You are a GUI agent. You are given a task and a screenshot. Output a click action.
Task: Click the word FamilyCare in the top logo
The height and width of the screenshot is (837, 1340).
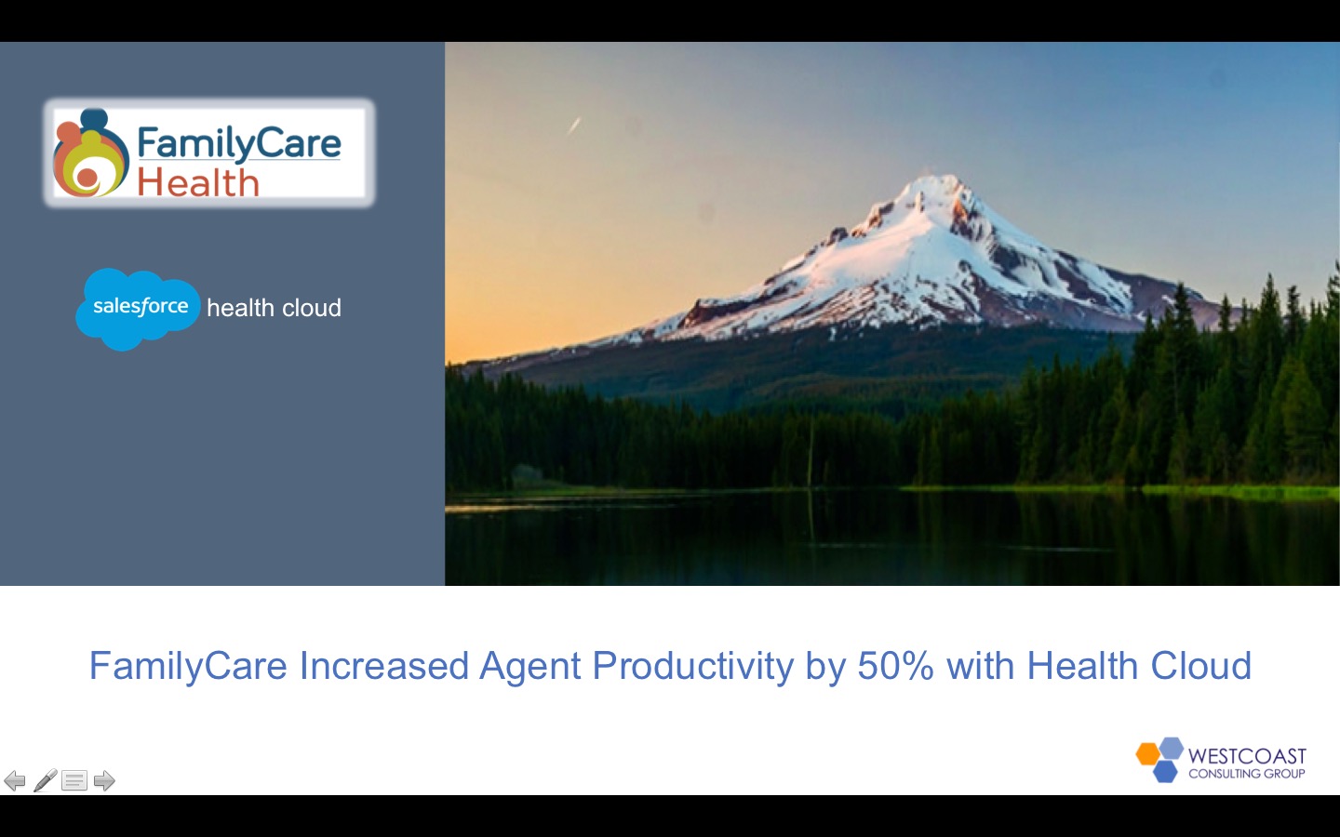pos(238,143)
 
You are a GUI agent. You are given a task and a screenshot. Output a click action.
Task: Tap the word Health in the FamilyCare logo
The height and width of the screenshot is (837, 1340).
pos(197,182)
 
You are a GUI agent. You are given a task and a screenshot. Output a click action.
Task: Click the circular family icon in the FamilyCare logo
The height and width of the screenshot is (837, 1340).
pos(89,155)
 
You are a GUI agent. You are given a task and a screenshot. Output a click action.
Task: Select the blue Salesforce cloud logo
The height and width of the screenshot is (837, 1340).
pos(139,308)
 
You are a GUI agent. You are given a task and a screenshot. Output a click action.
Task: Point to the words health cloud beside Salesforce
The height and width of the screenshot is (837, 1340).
pos(274,308)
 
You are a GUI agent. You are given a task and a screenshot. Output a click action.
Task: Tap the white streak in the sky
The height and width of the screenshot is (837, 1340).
pos(574,125)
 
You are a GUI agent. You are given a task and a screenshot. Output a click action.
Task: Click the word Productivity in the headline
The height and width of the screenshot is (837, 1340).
pos(692,666)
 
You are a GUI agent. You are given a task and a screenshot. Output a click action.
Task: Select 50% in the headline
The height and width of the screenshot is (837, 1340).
pos(895,666)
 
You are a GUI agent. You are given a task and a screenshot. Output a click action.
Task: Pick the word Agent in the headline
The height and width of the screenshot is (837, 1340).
pos(529,666)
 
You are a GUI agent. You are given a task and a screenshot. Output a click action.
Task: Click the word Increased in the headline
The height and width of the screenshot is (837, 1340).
pos(383,666)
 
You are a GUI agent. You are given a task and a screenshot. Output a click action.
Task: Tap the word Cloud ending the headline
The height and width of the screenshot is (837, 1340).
pos(1200,666)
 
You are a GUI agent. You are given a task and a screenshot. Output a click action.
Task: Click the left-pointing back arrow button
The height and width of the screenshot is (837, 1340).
pos(15,780)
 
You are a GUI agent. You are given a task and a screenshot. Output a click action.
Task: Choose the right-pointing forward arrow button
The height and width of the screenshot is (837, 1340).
pos(104,780)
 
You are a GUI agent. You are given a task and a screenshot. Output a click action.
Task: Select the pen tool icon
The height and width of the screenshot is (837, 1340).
pos(45,780)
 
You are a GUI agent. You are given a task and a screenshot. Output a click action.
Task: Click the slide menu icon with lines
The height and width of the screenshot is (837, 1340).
pos(74,780)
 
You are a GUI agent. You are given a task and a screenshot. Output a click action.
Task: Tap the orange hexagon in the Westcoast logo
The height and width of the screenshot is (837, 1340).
pos(1148,753)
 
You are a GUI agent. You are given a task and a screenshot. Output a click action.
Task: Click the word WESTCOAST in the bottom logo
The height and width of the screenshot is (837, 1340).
pos(1247,755)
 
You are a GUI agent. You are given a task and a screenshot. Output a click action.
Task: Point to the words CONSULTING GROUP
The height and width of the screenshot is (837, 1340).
pos(1247,774)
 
